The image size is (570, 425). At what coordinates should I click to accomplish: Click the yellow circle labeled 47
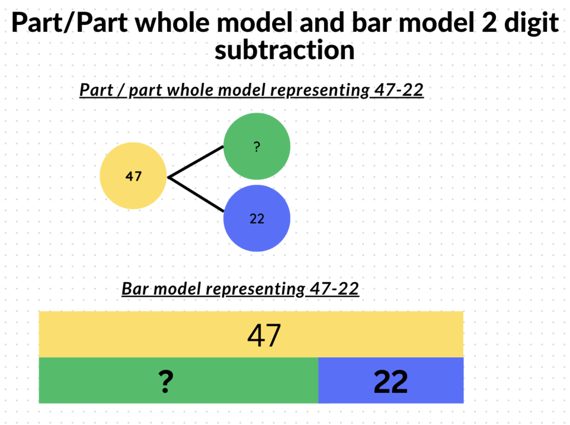pos(133,176)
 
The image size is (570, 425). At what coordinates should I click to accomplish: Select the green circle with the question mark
pos(257,146)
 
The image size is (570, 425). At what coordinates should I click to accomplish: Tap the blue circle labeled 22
pos(257,218)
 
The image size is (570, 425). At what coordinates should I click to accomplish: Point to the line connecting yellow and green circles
pos(195,162)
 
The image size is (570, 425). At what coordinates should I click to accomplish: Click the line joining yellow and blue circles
pos(195,194)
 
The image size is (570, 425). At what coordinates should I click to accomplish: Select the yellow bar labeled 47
pos(251,334)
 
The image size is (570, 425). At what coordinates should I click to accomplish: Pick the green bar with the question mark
pos(179,380)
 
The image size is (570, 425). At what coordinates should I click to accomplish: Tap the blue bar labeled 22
pos(391,380)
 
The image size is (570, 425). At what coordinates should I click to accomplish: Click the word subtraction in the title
pos(284,50)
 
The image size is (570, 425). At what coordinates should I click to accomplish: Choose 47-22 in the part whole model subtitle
pos(399,90)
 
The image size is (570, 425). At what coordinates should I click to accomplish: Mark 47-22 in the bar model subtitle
pos(335,289)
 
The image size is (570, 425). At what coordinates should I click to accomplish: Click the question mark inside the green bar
pos(166,382)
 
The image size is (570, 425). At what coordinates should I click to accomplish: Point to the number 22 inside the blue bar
pos(391,382)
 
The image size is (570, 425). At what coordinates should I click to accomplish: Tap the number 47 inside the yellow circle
pos(133,176)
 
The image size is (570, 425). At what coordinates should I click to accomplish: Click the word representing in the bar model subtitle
pos(255,289)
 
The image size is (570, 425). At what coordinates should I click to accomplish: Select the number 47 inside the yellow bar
pos(264,335)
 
